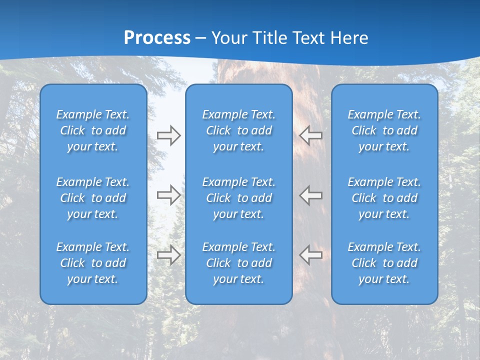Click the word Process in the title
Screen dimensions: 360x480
point(157,38)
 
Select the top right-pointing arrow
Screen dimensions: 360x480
point(168,135)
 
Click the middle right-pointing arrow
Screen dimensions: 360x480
point(168,195)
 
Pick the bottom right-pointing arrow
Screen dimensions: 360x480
point(168,255)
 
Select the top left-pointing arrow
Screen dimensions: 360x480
point(310,134)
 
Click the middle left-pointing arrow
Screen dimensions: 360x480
point(310,194)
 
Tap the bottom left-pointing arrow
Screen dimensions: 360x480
point(310,254)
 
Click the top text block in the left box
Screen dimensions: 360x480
point(93,130)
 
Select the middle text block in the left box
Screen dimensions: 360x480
point(93,198)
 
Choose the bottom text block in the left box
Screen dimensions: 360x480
point(93,263)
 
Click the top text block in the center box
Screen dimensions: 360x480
point(239,130)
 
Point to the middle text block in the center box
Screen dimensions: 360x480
point(239,198)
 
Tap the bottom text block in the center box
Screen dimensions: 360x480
point(239,263)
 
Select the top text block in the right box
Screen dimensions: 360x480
point(384,130)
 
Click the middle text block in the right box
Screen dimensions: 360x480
point(384,198)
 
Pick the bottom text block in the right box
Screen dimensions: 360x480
point(384,263)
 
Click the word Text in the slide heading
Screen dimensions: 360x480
point(309,38)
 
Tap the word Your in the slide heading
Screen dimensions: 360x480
point(229,38)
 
